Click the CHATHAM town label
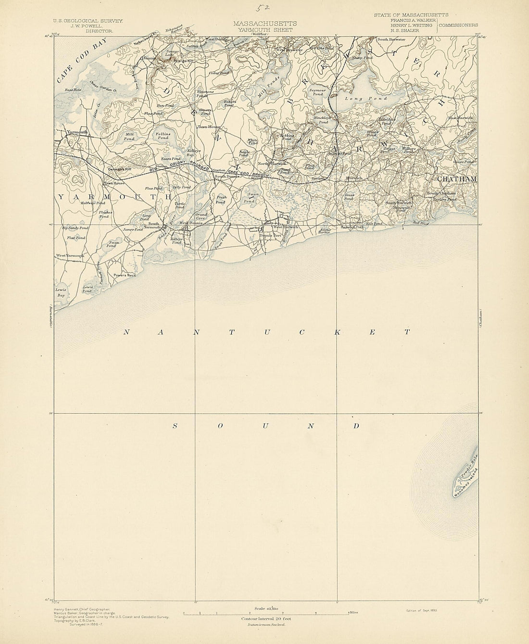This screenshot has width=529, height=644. point(456,179)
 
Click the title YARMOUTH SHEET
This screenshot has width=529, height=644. point(264,29)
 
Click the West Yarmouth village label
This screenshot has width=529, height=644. point(70,255)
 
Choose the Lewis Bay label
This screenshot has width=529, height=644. point(60,293)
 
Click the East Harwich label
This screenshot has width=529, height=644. point(460,118)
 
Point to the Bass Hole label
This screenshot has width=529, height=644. point(74,90)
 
